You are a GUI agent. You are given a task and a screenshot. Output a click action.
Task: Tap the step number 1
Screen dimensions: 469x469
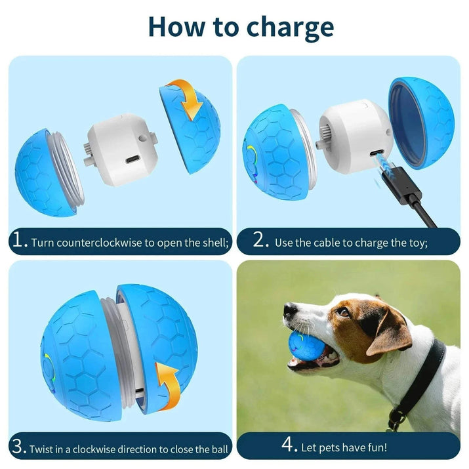[18, 241]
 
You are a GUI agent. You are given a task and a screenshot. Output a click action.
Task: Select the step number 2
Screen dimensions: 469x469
[260, 241]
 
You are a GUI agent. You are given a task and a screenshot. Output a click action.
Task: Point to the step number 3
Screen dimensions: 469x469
[18, 448]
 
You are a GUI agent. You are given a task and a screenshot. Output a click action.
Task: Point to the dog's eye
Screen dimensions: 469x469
[342, 312]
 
